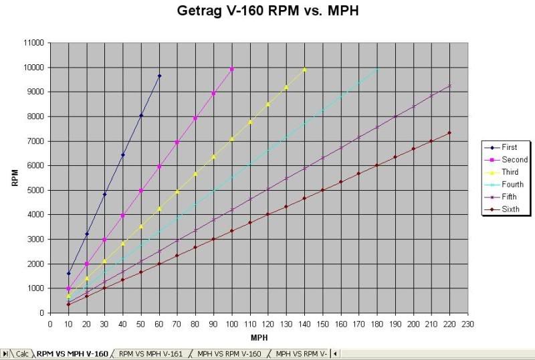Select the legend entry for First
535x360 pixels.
[x=510, y=147]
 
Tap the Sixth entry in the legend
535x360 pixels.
[x=510, y=209]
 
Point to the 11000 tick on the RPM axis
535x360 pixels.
[x=33, y=43]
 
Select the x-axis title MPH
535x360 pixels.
[x=259, y=338]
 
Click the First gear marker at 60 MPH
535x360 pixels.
[x=159, y=76]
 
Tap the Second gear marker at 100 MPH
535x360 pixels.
[x=232, y=69]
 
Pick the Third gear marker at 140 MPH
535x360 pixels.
[x=304, y=69]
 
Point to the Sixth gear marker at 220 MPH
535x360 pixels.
[x=449, y=133]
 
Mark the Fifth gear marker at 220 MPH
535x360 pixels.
[x=449, y=86]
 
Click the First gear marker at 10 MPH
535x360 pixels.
[x=68, y=273]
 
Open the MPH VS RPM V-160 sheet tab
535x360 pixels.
[x=229, y=354]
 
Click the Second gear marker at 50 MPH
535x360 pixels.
[x=141, y=191]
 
